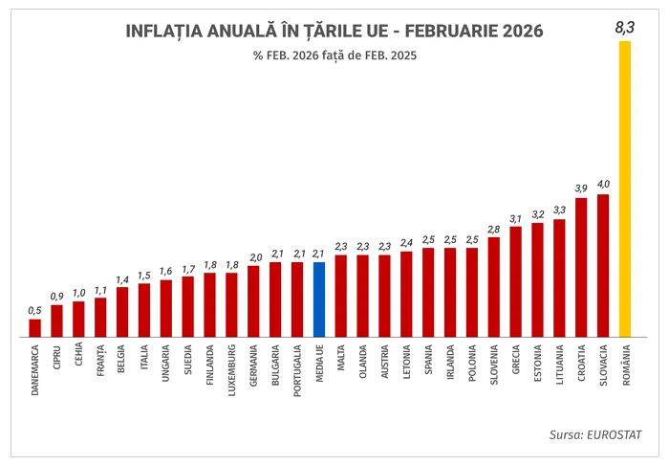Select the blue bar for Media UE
[319, 299]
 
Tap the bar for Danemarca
[34, 328]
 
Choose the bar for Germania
[253, 301]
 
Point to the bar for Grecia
[515, 282]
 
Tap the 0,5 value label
[34, 310]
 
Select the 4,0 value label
[603, 184]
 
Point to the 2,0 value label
[254, 256]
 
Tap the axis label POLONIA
[472, 362]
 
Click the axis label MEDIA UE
[319, 364]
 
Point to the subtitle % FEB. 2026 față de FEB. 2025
[334, 55]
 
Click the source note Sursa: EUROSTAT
[595, 435]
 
